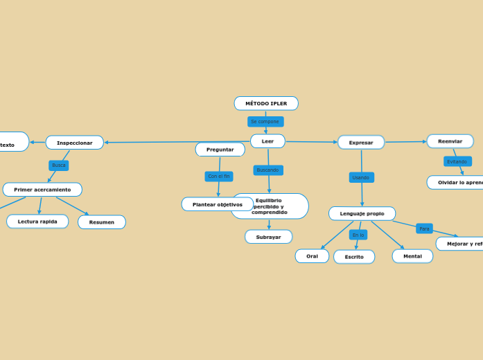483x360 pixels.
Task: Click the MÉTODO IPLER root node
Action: pos(266,103)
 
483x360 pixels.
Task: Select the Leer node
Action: pos(267,141)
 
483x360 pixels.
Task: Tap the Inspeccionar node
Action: pos(74,143)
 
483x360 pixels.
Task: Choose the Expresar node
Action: pos(361,142)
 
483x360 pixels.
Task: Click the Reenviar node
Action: pos(450,141)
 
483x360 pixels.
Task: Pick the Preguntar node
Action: pos(220,150)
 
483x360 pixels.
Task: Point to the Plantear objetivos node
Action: pos(217,204)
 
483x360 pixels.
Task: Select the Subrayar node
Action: pos(268,237)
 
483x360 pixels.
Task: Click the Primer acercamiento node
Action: pos(42,190)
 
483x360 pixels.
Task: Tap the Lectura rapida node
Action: pos(37,222)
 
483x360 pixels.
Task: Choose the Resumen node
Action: pos(102,222)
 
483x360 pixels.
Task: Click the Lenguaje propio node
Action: pos(362,213)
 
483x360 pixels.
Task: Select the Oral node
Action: pos(312,256)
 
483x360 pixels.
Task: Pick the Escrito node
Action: pos(354,257)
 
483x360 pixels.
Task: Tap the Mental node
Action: pos(412,256)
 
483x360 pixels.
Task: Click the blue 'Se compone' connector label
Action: pos(265,122)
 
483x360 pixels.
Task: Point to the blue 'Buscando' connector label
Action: pos(267,170)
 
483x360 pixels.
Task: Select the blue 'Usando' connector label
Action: pos(361,177)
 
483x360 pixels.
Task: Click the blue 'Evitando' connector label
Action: pos(457,161)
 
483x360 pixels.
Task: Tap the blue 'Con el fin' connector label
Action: pos(219,177)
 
